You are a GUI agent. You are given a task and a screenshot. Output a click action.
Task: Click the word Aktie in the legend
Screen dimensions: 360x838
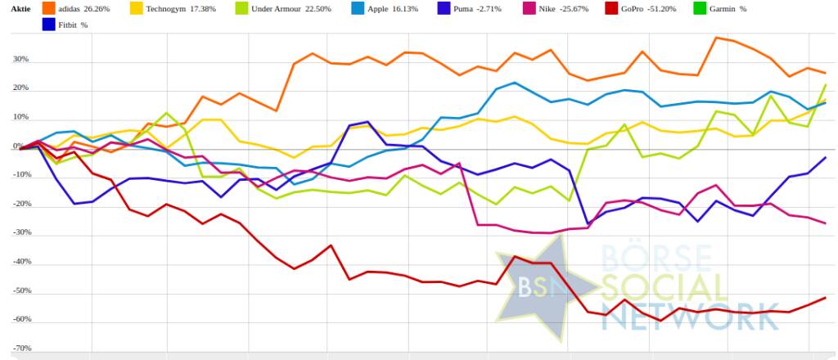tap(17, 8)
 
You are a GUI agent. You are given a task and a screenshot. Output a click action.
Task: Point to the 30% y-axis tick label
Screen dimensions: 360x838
tap(20, 60)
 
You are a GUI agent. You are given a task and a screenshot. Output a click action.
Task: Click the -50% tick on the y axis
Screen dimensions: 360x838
tap(20, 290)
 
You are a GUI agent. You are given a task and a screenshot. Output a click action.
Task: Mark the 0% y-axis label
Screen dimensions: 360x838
tap(23, 146)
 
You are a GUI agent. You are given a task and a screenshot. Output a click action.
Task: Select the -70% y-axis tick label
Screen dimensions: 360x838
tap(20, 348)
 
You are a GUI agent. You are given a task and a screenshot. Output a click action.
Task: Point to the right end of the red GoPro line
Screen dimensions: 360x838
tap(825, 298)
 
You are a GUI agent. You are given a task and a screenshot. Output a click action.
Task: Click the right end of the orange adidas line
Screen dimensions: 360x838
tap(825, 73)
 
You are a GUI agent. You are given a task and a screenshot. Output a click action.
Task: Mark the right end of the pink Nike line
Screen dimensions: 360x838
tap(825, 223)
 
